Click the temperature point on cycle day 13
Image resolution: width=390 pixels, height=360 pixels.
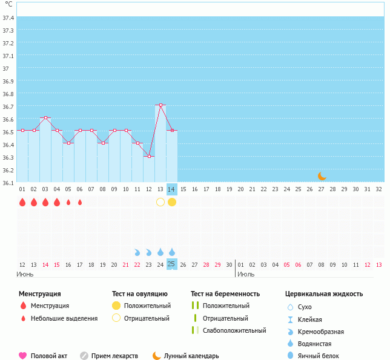tap(160, 105)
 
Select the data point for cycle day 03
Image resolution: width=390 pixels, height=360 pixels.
tap(45, 118)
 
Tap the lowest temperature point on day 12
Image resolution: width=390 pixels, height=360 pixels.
tap(149, 156)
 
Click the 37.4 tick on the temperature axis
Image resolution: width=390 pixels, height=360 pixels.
tap(8, 18)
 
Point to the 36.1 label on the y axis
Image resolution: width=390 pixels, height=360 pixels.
tap(8, 183)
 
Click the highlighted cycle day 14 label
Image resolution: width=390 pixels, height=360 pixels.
tap(172, 189)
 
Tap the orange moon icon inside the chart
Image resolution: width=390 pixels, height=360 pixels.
tap(322, 176)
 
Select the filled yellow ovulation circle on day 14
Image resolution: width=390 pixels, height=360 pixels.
tap(172, 202)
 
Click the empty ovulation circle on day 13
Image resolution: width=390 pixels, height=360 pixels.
tap(160, 202)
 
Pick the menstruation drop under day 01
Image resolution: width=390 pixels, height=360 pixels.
tap(22, 202)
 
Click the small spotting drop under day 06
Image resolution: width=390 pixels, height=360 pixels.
tap(80, 202)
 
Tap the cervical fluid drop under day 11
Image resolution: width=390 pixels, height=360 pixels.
tap(137, 252)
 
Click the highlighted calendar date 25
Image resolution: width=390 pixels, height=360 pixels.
tap(172, 264)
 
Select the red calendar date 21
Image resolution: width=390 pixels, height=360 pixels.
tap(126, 264)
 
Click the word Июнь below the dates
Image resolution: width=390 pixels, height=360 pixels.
tap(25, 274)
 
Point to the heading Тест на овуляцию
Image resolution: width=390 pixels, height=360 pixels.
tap(140, 294)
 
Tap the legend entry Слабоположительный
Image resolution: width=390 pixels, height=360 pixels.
tap(235, 330)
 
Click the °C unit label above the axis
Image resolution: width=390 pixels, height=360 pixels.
tap(8, 4)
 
